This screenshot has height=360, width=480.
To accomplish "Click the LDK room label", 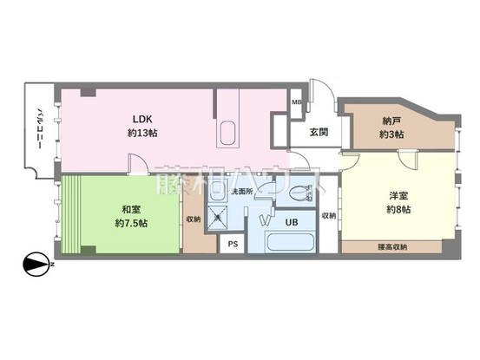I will pos(143,119).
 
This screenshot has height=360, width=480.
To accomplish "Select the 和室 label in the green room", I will pos(131,209).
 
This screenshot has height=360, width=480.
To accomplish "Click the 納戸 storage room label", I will pos(392,121).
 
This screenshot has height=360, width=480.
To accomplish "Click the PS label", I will pos(232,244).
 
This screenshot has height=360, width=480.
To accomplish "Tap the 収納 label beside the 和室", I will pos(194,219).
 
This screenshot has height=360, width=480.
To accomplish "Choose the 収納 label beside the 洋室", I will pos(328,215).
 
